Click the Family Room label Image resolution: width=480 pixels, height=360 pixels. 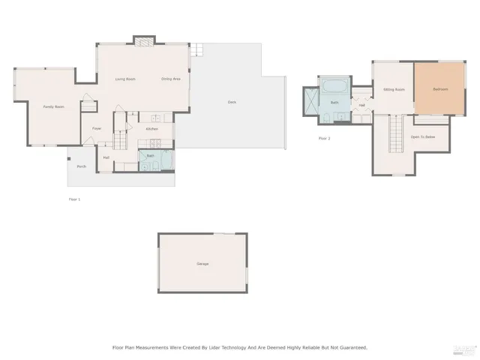click(x=53, y=106)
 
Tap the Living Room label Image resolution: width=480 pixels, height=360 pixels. click(x=124, y=79)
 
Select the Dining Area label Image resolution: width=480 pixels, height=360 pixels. click(x=171, y=79)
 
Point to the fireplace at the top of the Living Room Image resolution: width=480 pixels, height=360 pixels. click(x=144, y=41)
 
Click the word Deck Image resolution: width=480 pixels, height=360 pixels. click(x=232, y=102)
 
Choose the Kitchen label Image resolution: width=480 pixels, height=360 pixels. click(x=151, y=129)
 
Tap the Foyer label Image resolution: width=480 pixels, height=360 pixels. click(x=97, y=128)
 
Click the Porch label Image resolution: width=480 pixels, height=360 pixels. click(x=81, y=166)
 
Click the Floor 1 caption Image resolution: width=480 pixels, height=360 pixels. click(x=74, y=199)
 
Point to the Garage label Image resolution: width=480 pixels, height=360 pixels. click(x=202, y=264)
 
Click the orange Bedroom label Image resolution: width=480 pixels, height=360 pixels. click(x=440, y=89)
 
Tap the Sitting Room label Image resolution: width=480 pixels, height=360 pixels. click(x=394, y=89)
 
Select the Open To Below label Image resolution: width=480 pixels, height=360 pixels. click(x=423, y=137)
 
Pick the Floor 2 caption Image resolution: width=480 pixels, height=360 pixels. click(x=324, y=138)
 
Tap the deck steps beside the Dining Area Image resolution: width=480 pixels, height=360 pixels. click(x=196, y=49)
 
